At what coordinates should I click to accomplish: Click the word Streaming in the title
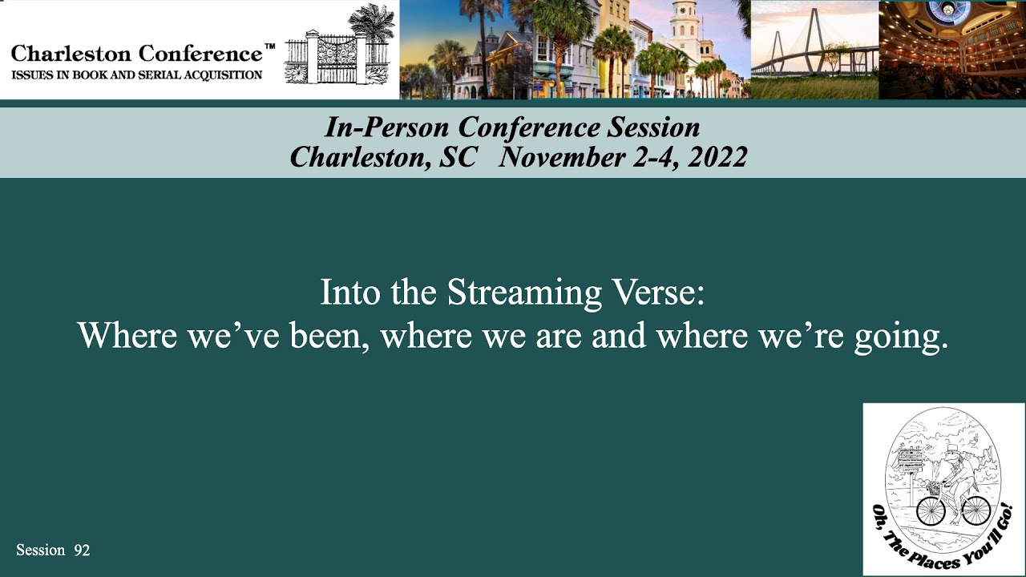(x=524, y=293)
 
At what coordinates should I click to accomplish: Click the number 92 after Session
(x=82, y=550)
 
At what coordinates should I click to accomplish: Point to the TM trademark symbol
(x=269, y=47)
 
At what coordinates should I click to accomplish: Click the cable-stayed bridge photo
(x=814, y=48)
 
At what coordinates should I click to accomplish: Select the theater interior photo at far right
(x=952, y=50)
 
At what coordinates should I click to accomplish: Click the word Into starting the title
(x=348, y=293)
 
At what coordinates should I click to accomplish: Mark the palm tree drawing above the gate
(x=373, y=22)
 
